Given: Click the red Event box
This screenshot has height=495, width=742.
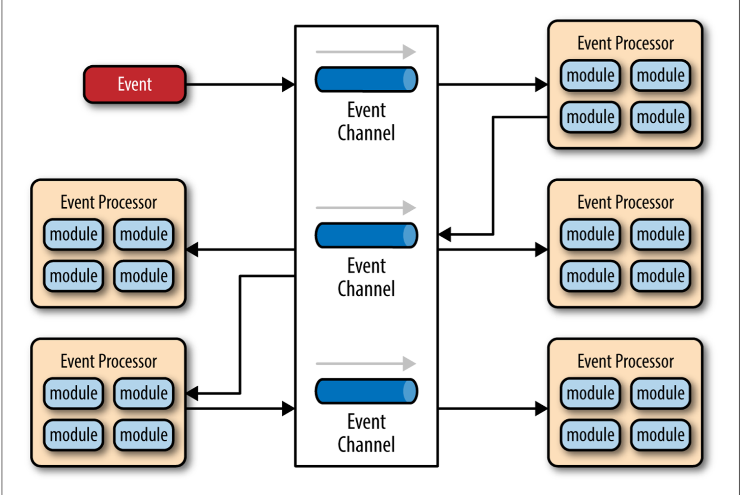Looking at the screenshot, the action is click(x=134, y=84).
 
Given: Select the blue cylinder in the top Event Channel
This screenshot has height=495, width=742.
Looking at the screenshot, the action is click(x=366, y=79).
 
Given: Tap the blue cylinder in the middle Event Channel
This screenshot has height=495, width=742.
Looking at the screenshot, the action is click(x=366, y=235).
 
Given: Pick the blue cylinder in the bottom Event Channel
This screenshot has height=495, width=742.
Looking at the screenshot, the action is click(x=366, y=391).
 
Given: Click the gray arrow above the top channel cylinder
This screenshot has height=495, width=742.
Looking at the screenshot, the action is click(x=366, y=52).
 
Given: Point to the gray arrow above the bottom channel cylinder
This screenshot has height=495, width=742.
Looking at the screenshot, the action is click(x=366, y=364).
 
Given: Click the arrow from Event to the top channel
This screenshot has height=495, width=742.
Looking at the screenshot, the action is click(x=240, y=84).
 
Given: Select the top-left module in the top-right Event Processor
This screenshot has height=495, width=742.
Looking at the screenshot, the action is click(x=590, y=75).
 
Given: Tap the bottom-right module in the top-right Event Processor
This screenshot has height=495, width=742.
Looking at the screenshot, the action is click(x=661, y=117).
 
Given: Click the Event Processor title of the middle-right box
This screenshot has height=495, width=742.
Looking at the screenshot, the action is click(x=625, y=202).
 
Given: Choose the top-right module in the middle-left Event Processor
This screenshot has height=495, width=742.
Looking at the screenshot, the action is click(x=144, y=234).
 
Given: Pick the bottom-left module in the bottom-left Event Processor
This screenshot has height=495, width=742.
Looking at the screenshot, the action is click(x=73, y=435).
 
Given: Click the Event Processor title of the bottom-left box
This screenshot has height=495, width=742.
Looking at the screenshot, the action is click(x=108, y=361).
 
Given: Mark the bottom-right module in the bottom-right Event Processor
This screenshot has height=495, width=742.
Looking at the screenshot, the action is click(x=661, y=435).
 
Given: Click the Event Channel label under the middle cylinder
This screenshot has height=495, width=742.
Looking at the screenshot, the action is click(x=366, y=277).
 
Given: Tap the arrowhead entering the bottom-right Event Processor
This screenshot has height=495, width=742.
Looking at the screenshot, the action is click(x=541, y=408).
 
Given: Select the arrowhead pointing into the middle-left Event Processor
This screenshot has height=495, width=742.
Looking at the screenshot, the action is click(x=192, y=249).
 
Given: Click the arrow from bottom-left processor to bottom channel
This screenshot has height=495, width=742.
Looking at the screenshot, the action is click(x=240, y=408).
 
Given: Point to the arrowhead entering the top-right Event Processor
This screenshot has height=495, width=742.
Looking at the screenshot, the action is click(x=541, y=84).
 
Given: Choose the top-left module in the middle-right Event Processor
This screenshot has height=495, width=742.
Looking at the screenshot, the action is click(x=590, y=234).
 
